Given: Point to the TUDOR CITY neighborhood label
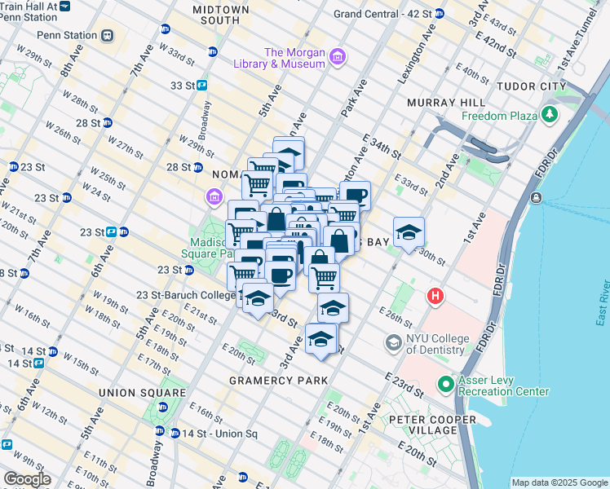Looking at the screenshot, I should click(x=533, y=86).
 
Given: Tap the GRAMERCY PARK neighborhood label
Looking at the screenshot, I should click(x=278, y=381).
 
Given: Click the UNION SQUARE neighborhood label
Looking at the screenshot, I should click(x=133, y=393).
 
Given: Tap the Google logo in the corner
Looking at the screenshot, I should click(x=28, y=478).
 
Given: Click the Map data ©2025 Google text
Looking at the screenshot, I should click(x=559, y=482).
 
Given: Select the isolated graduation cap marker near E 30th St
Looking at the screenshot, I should click(x=409, y=232).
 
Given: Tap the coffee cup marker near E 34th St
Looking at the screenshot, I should click(x=355, y=195).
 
